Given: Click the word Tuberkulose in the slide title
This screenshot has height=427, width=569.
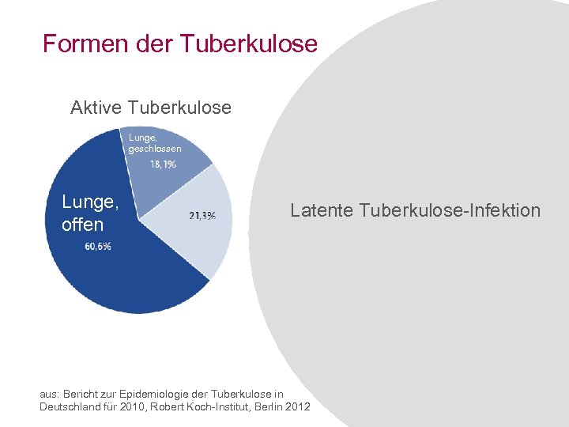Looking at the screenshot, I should coord(248,43).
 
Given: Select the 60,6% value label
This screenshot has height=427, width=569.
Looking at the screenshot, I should coord(98,247).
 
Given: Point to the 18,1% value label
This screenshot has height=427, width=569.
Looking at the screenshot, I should coord(163,164).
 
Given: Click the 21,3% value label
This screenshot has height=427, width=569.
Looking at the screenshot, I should coord(202,215).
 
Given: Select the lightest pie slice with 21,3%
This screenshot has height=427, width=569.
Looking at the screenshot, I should coord(207,237).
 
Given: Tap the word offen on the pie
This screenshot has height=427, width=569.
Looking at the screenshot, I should coord(82,225).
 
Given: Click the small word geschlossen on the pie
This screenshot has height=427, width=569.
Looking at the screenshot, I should coord(155,149).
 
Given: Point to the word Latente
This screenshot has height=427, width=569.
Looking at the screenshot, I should coord(322,210).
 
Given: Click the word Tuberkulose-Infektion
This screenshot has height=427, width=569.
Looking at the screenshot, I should coord(450,210).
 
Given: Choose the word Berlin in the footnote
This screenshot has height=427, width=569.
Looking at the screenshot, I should coord(262,406).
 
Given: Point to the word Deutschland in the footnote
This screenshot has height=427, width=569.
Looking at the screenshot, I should coord(69,406).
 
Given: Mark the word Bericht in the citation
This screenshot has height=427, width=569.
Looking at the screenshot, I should coord(81,394).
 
